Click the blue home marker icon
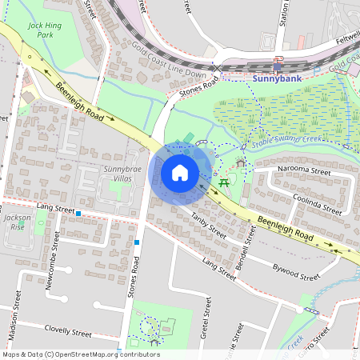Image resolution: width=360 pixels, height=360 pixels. tap(180, 173)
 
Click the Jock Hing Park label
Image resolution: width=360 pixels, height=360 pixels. tap(45, 30)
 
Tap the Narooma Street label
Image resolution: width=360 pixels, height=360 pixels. tap(303, 170)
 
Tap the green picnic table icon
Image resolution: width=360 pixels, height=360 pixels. tap(224, 182)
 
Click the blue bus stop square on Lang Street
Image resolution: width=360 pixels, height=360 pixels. tap(78, 213)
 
